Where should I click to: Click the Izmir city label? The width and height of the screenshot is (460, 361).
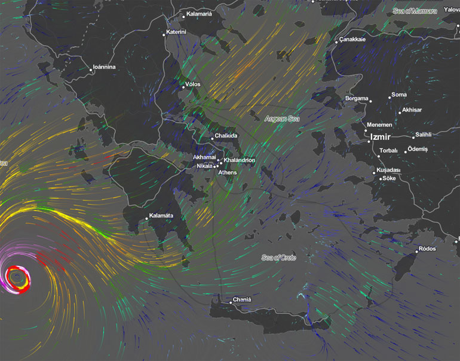tap(381, 137)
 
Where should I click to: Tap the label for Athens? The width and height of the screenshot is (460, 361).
tap(228, 172)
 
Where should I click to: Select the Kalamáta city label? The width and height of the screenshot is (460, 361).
tap(161, 216)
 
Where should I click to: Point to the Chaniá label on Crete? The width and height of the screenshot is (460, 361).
tap(242, 300)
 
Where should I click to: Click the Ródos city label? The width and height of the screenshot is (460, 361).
tap(427, 248)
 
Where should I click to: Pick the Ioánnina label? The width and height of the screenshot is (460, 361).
tap(104, 67)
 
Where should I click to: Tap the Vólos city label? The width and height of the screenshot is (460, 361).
tap(192, 84)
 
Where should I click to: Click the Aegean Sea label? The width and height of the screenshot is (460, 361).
tap(282, 119)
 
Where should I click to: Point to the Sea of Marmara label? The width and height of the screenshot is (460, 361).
tap(415, 11)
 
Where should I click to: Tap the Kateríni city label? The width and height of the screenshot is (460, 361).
tap(176, 32)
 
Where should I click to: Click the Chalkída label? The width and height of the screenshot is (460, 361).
tap(226, 136)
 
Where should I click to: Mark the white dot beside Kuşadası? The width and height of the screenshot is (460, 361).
tap(375, 173)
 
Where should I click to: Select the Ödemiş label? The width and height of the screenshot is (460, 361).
tap(418, 148)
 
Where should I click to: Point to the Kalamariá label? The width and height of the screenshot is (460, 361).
tap(199, 13)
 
